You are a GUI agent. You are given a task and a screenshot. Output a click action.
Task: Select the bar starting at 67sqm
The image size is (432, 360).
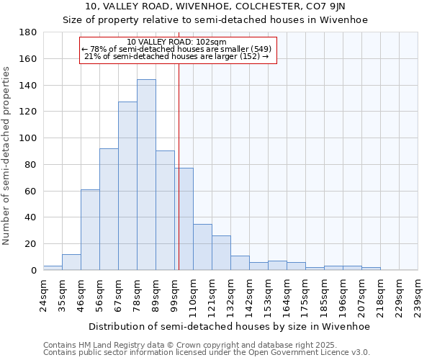127,186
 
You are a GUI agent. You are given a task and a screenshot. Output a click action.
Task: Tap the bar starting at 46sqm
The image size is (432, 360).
90,230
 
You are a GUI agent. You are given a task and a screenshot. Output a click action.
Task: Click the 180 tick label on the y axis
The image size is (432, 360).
28,32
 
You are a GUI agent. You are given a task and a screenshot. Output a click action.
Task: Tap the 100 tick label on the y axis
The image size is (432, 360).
28,138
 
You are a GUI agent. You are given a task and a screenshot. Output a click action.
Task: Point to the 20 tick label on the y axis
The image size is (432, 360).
31,244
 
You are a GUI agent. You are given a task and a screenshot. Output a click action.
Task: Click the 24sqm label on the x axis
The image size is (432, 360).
44,294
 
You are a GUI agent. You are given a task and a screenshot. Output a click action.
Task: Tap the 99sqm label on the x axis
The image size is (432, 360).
175,294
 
